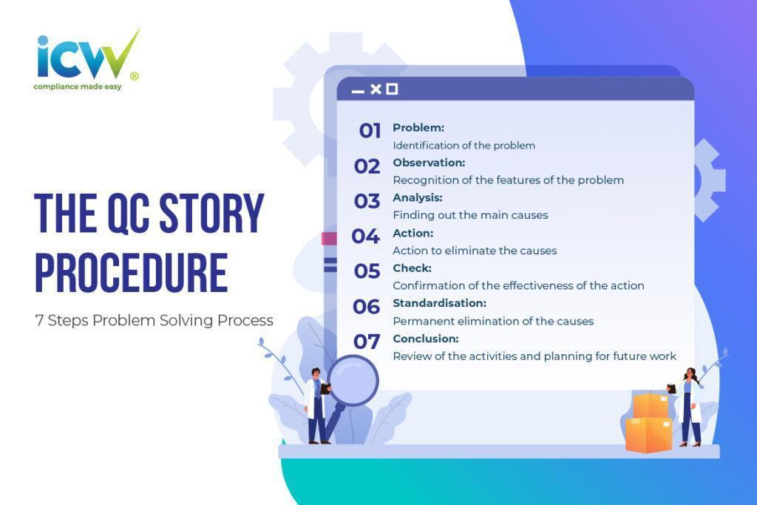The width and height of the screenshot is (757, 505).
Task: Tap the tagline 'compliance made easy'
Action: coord(77,87)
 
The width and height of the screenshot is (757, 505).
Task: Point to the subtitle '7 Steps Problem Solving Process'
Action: coord(154,321)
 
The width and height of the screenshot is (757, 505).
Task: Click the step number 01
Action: coord(370,132)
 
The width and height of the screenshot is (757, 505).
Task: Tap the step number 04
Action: coord(366,237)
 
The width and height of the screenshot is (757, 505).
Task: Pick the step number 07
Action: coord(367,342)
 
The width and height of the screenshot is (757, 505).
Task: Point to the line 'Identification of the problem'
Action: coord(464,146)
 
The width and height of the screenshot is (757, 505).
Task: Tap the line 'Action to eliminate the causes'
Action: coord(475,251)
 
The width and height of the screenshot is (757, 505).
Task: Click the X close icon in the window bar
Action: coord(376,89)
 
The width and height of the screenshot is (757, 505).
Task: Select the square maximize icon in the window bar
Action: coord(392,89)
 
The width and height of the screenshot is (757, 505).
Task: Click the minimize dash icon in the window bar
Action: coord(358,91)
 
